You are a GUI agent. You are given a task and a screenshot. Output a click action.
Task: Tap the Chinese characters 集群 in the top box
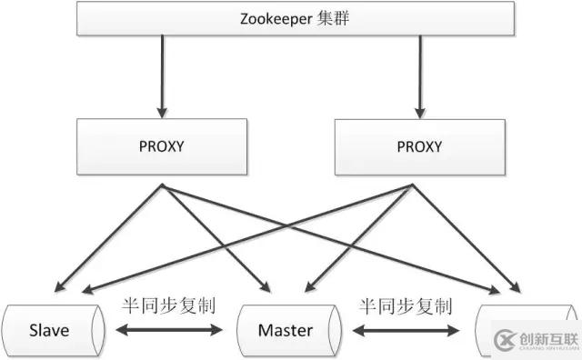pos(321,19)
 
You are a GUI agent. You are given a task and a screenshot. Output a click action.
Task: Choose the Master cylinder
pos(284,329)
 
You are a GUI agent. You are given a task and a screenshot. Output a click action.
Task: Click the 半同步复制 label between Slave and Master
pos(167,305)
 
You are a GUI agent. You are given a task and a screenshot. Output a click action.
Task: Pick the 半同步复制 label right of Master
pos(405,305)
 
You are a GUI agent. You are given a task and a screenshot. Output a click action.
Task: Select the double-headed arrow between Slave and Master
pos(167,330)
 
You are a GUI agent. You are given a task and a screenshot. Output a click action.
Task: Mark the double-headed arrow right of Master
pos(406,330)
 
